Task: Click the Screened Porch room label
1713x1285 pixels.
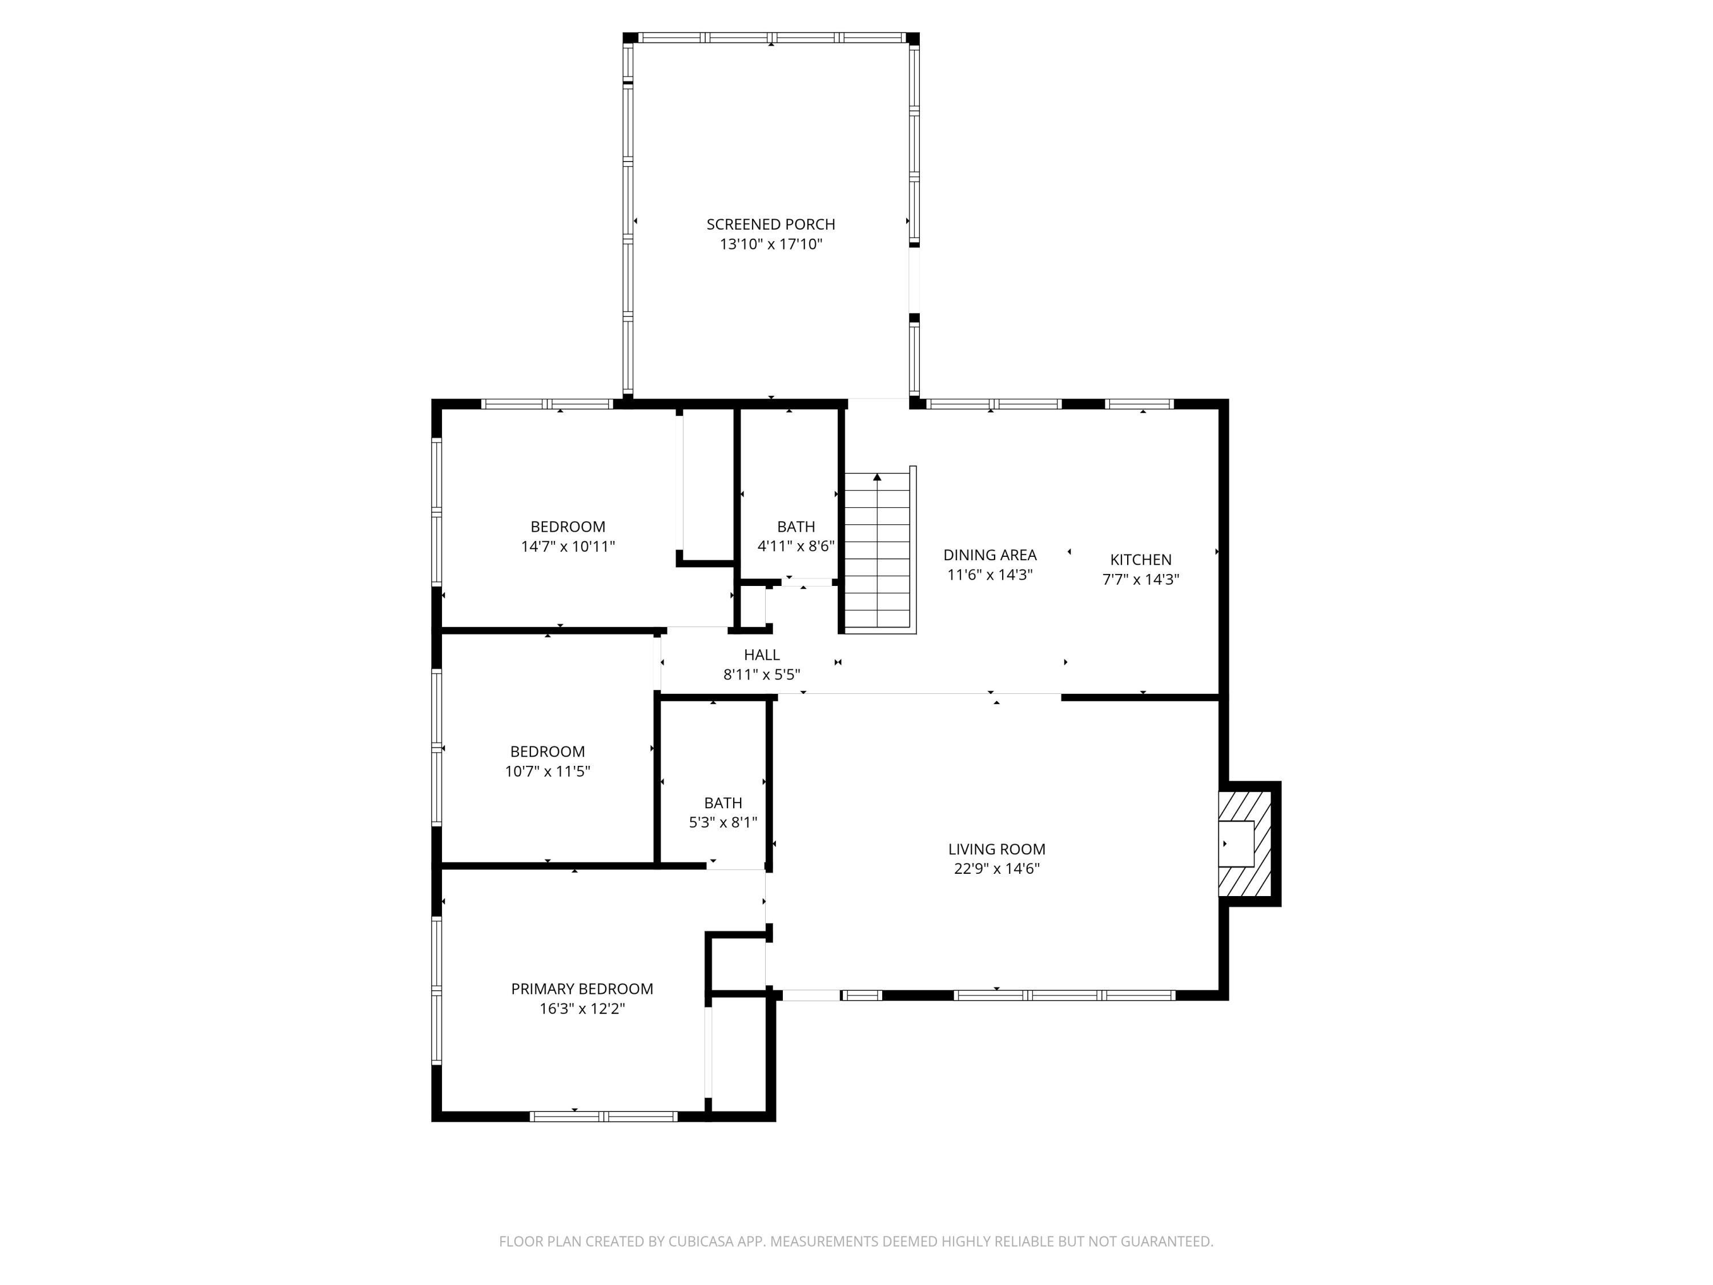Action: click(x=770, y=224)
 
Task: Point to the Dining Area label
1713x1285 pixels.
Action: click(x=990, y=555)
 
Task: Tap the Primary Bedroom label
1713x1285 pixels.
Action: click(x=582, y=989)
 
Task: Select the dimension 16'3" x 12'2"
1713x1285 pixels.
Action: click(x=582, y=1009)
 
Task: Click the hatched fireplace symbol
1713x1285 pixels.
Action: click(x=1245, y=844)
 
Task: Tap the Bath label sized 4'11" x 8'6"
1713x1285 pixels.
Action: click(x=796, y=527)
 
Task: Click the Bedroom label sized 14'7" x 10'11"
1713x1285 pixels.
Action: click(x=568, y=527)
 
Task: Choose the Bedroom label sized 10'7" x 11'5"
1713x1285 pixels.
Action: click(x=548, y=752)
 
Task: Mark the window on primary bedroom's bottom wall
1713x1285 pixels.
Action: click(x=604, y=1116)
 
